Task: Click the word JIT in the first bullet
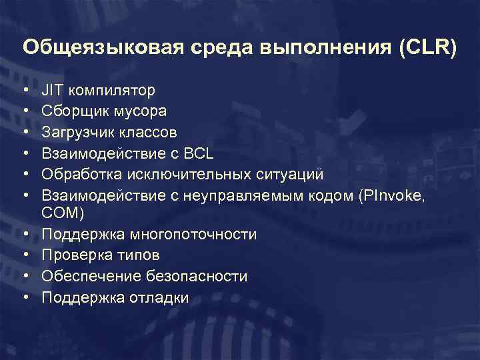pyautogui.click(x=51, y=89)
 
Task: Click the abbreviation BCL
pyautogui.click(x=199, y=153)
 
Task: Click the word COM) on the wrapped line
pyautogui.click(x=63, y=213)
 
